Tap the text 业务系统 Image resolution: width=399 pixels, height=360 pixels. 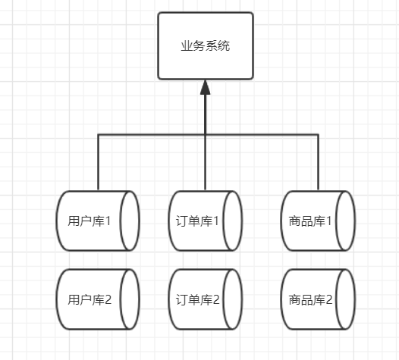(x=205, y=45)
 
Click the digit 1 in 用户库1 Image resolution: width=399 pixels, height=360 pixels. (x=108, y=222)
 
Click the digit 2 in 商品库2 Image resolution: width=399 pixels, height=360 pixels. (x=329, y=299)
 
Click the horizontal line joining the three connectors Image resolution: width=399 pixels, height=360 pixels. (x=152, y=134)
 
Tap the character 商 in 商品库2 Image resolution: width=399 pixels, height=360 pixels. (x=295, y=299)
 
